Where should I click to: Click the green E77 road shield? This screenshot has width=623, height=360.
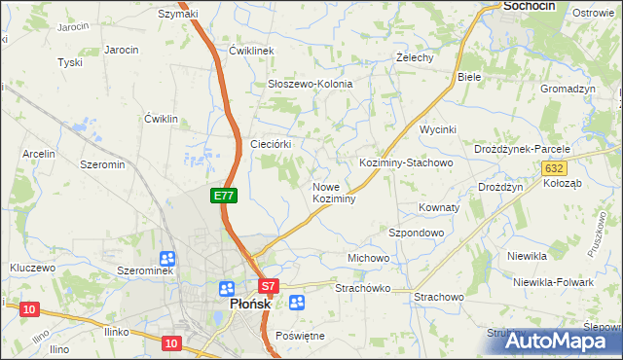[223, 196]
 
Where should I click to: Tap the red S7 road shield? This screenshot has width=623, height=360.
[270, 286]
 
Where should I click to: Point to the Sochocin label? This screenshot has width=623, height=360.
[529, 6]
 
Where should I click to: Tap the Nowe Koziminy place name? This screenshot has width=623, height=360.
[333, 193]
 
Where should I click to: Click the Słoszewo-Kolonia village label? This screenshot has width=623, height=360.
[310, 85]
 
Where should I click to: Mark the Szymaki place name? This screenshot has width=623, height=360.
[178, 14]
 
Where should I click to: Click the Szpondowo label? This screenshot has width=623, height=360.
[417, 234]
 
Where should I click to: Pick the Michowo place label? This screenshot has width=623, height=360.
[368, 258]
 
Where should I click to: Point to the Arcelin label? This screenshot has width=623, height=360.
[38, 154]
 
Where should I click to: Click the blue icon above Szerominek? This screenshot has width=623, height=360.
[167, 259]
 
